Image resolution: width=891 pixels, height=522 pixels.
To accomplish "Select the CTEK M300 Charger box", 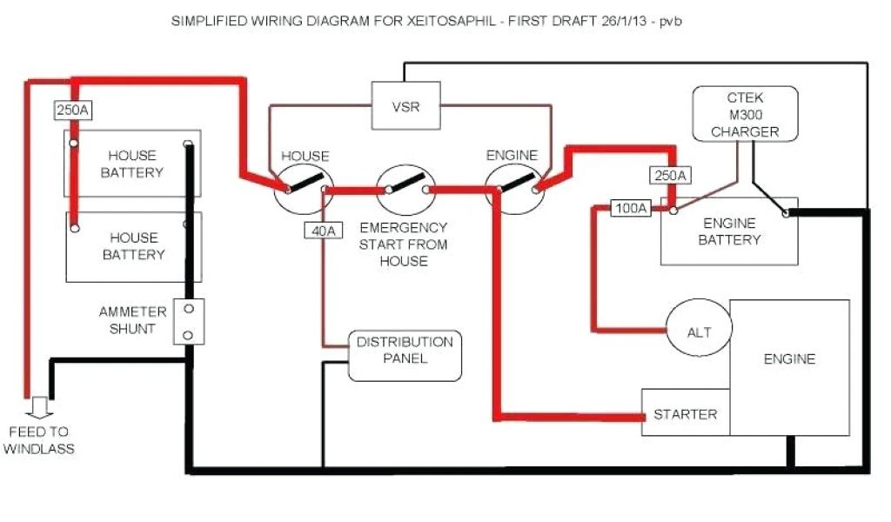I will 744,114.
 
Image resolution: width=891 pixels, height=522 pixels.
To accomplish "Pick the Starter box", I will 686,414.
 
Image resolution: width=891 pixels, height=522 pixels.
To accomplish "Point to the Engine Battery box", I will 729,231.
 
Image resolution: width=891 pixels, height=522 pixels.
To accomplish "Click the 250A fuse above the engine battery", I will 669,176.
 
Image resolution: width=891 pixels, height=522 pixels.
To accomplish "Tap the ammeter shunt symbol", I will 190,322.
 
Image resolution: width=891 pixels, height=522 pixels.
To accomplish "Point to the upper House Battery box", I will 131,164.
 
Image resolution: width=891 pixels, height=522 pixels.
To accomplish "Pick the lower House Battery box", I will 133,246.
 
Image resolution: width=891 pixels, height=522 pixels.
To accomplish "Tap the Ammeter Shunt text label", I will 132,320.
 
